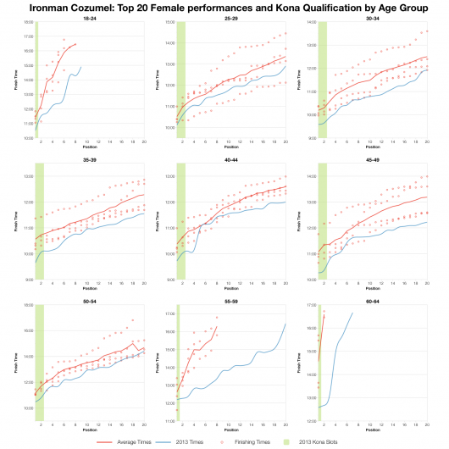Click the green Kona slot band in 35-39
39,220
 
